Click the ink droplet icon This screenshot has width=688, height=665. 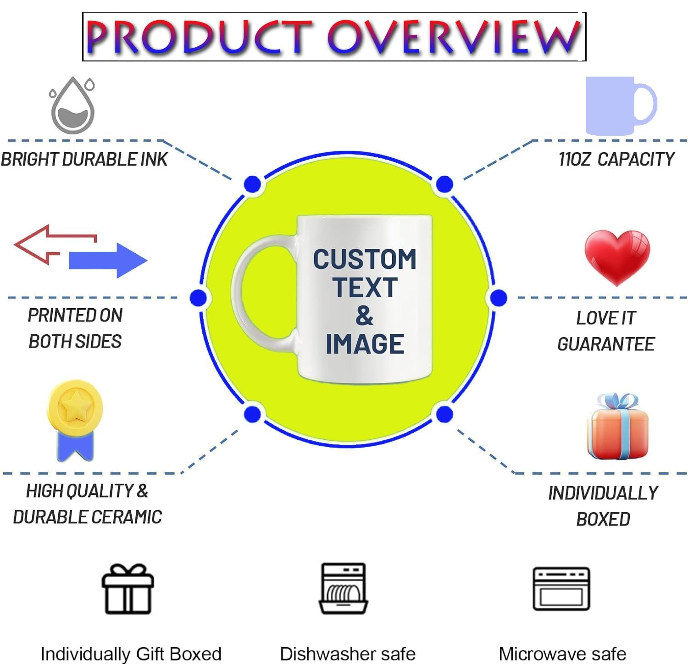click(x=72, y=106)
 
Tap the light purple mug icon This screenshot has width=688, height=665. click(x=615, y=105)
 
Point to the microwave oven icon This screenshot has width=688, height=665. click(x=561, y=589)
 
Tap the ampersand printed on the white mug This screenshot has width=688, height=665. click(x=365, y=316)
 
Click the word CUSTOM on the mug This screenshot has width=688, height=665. click(x=365, y=260)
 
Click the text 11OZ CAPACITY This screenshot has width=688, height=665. click(x=616, y=159)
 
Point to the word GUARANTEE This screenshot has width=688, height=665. click(x=606, y=344)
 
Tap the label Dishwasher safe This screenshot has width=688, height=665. click(x=348, y=654)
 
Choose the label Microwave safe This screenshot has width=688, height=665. click(x=562, y=654)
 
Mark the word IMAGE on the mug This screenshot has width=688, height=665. click(x=365, y=344)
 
